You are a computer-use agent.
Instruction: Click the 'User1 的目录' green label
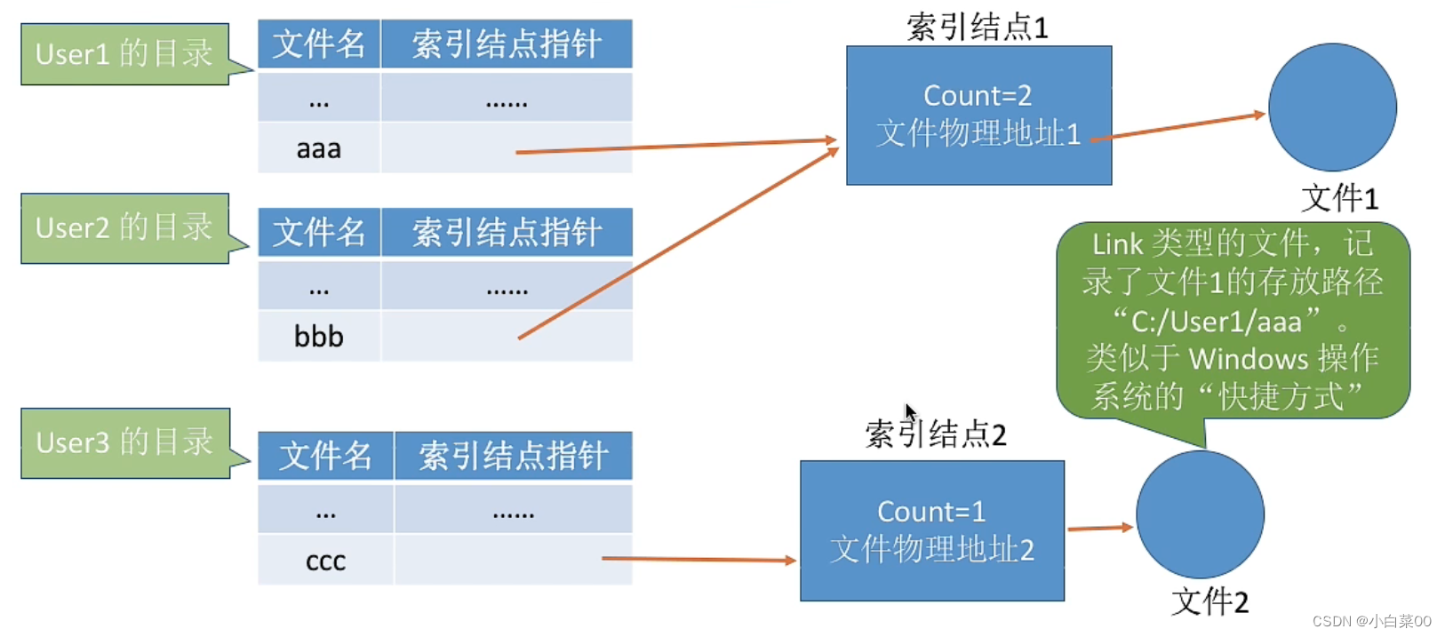(125, 54)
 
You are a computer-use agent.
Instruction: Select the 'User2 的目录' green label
(125, 228)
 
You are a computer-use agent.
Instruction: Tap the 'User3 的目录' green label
(125, 443)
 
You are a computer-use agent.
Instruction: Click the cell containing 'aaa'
(319, 148)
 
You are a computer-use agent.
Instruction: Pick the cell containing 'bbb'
(319, 337)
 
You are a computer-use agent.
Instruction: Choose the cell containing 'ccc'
(326, 561)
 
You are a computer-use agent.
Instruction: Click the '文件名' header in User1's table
(319, 44)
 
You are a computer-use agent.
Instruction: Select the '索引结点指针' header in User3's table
(514, 456)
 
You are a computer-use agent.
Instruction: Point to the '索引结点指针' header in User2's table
(507, 232)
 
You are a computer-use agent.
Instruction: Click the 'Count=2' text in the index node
(978, 95)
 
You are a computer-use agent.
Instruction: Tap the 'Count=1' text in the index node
(931, 512)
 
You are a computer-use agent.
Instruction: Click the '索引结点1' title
(978, 27)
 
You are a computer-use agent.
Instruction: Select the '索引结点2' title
(936, 434)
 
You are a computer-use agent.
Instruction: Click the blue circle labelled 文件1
(1333, 107)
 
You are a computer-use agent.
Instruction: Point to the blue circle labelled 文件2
(1200, 514)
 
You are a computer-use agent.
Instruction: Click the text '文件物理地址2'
(932, 549)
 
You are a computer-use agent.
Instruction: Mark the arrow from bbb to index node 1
(679, 243)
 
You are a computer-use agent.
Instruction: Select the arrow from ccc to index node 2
(699, 560)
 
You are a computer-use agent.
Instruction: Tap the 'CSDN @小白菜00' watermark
(1372, 621)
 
